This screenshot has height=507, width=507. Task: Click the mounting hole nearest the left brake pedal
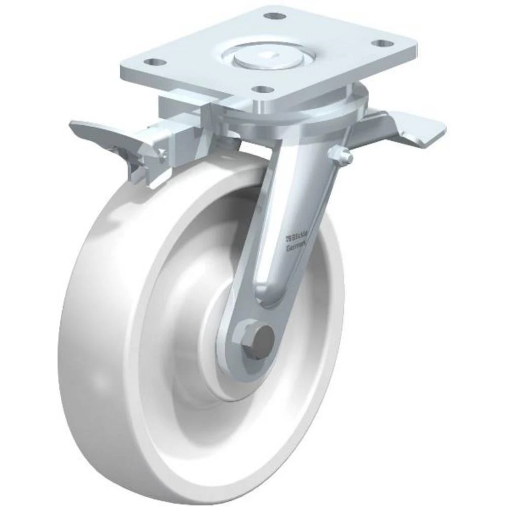pyautogui.click(x=155, y=63)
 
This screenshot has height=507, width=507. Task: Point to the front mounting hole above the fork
pyautogui.click(x=262, y=90)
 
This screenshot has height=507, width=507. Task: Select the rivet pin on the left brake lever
pyautogui.click(x=161, y=154)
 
